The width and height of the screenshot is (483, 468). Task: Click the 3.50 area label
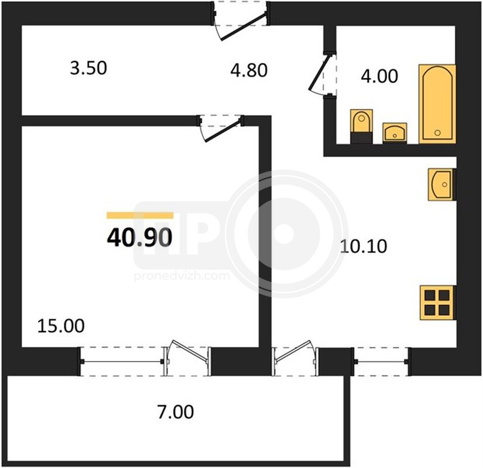[88, 68]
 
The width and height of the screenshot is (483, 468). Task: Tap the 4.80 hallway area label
[249, 70]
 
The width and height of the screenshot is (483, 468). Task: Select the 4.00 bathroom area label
[379, 76]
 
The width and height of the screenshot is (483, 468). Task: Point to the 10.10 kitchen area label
[364, 246]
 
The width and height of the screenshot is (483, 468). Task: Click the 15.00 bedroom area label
[61, 326]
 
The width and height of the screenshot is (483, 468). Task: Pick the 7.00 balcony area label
[176, 412]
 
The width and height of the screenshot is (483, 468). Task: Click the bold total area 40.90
[139, 238]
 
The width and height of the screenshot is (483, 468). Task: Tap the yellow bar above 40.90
[140, 215]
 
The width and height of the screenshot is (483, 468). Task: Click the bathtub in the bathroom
[437, 104]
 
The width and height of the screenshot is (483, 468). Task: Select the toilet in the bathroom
[362, 126]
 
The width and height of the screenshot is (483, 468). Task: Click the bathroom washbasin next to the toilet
[395, 133]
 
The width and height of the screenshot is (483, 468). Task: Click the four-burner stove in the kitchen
[437, 302]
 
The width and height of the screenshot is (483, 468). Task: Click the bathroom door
[323, 74]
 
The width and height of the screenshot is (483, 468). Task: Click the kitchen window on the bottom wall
[382, 362]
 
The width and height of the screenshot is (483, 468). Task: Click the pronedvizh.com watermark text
[181, 276]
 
